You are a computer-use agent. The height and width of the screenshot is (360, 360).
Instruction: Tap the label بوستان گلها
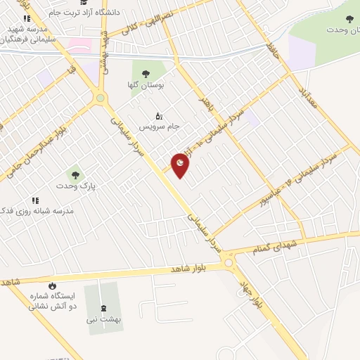point(148,85)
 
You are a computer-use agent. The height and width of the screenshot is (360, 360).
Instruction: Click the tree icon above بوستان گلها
point(146,73)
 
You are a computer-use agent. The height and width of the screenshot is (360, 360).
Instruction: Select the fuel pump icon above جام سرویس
point(159,115)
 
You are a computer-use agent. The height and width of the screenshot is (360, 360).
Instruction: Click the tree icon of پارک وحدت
point(74,174)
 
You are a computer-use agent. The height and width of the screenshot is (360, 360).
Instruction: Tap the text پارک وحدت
point(76,187)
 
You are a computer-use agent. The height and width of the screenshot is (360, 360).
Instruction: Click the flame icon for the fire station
point(51,285)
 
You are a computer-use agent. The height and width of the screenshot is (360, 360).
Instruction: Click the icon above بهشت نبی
point(105,307)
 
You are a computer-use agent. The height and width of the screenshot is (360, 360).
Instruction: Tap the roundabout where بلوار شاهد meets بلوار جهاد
point(229,263)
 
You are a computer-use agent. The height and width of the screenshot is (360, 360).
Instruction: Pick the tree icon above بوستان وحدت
point(349,19)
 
